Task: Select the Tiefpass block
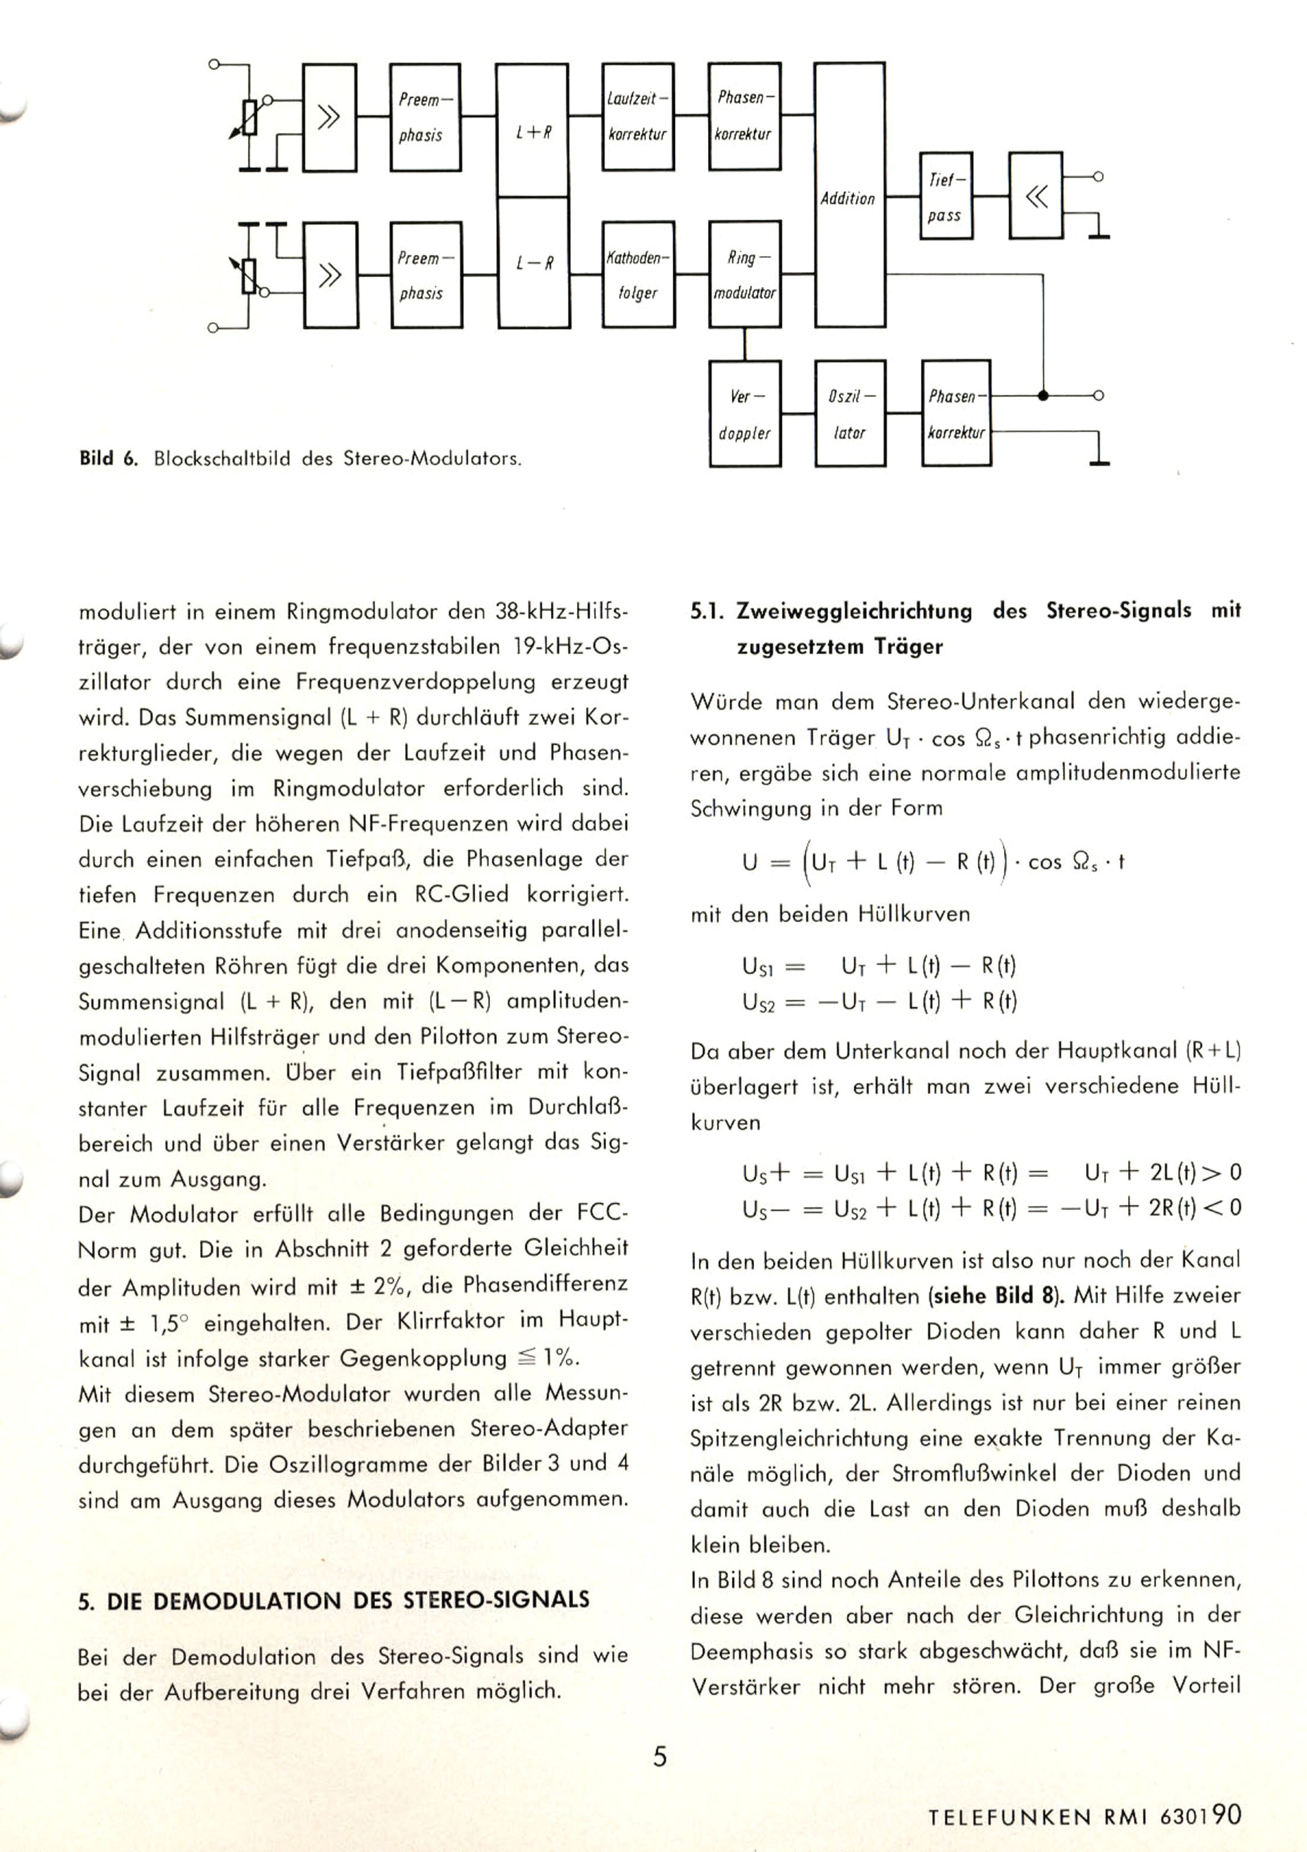point(945,196)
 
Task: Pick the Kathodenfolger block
point(638,274)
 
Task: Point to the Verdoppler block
point(744,414)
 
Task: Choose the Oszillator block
point(849,414)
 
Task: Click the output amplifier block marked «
point(1036,196)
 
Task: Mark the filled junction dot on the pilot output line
point(1043,396)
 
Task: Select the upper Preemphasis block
point(425,117)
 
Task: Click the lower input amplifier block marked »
point(330,275)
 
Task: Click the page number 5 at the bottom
point(659,1756)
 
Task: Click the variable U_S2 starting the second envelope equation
point(758,1003)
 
